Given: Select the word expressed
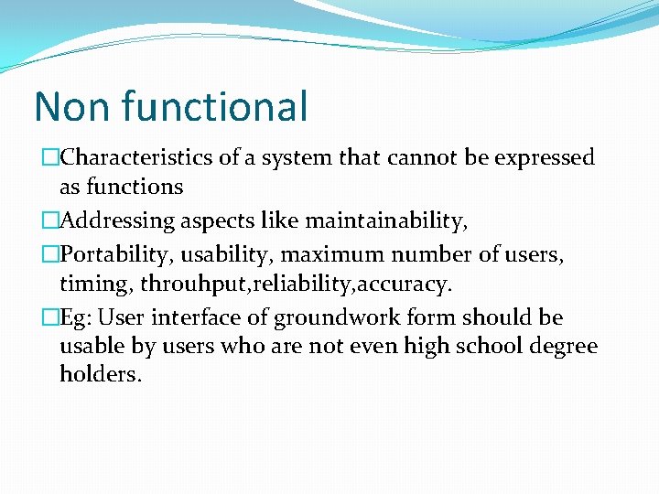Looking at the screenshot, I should tap(545, 158).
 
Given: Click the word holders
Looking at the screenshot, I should tap(101, 375).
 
